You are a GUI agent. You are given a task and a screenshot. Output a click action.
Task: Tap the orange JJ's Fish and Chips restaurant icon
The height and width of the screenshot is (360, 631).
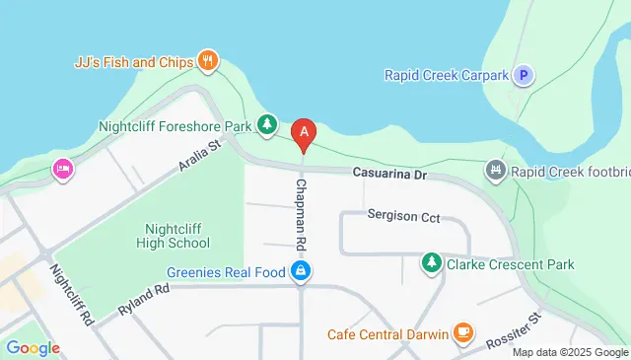tap(207, 61)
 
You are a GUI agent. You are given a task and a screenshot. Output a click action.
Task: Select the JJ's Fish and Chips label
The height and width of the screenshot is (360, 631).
tap(134, 62)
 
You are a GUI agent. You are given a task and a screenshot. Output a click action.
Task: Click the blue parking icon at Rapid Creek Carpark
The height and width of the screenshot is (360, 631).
tap(525, 74)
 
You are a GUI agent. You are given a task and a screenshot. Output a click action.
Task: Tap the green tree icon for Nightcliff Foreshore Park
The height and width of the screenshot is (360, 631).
tap(266, 124)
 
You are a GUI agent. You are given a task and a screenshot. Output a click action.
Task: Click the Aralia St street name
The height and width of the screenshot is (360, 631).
tap(197, 157)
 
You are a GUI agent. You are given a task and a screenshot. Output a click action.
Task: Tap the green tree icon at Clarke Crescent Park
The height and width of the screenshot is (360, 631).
tap(431, 263)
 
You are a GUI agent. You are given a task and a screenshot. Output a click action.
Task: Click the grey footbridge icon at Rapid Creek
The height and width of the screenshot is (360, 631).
tap(495, 172)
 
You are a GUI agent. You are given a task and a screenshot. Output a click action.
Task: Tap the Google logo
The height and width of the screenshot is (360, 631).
tap(33, 347)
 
